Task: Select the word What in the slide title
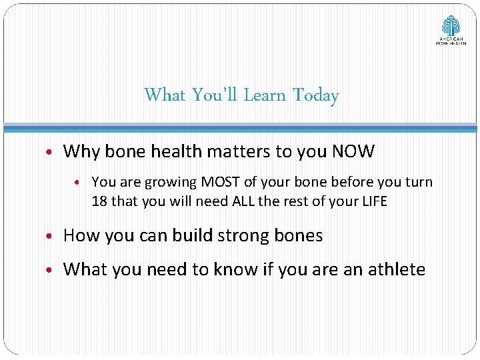pyautogui.click(x=165, y=95)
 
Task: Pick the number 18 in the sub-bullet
pyautogui.click(x=99, y=201)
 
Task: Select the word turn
pyautogui.click(x=418, y=182)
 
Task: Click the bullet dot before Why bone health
pyautogui.click(x=52, y=152)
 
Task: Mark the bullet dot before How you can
pyautogui.click(x=52, y=237)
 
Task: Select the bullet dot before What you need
pyautogui.click(x=52, y=270)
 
